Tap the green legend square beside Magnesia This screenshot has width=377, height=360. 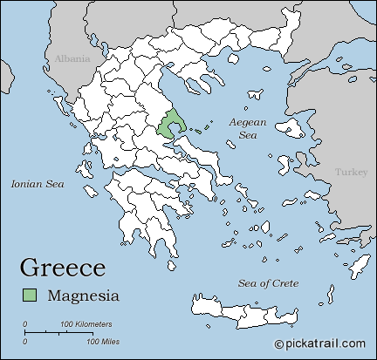[31, 295]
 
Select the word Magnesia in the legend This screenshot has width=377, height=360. [84, 295]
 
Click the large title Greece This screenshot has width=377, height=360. [63, 267]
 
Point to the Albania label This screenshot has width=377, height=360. [72, 58]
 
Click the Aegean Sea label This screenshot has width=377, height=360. [247, 129]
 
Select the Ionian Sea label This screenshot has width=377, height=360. [38, 184]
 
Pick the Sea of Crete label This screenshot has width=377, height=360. [269, 284]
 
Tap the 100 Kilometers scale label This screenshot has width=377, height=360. [86, 324]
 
